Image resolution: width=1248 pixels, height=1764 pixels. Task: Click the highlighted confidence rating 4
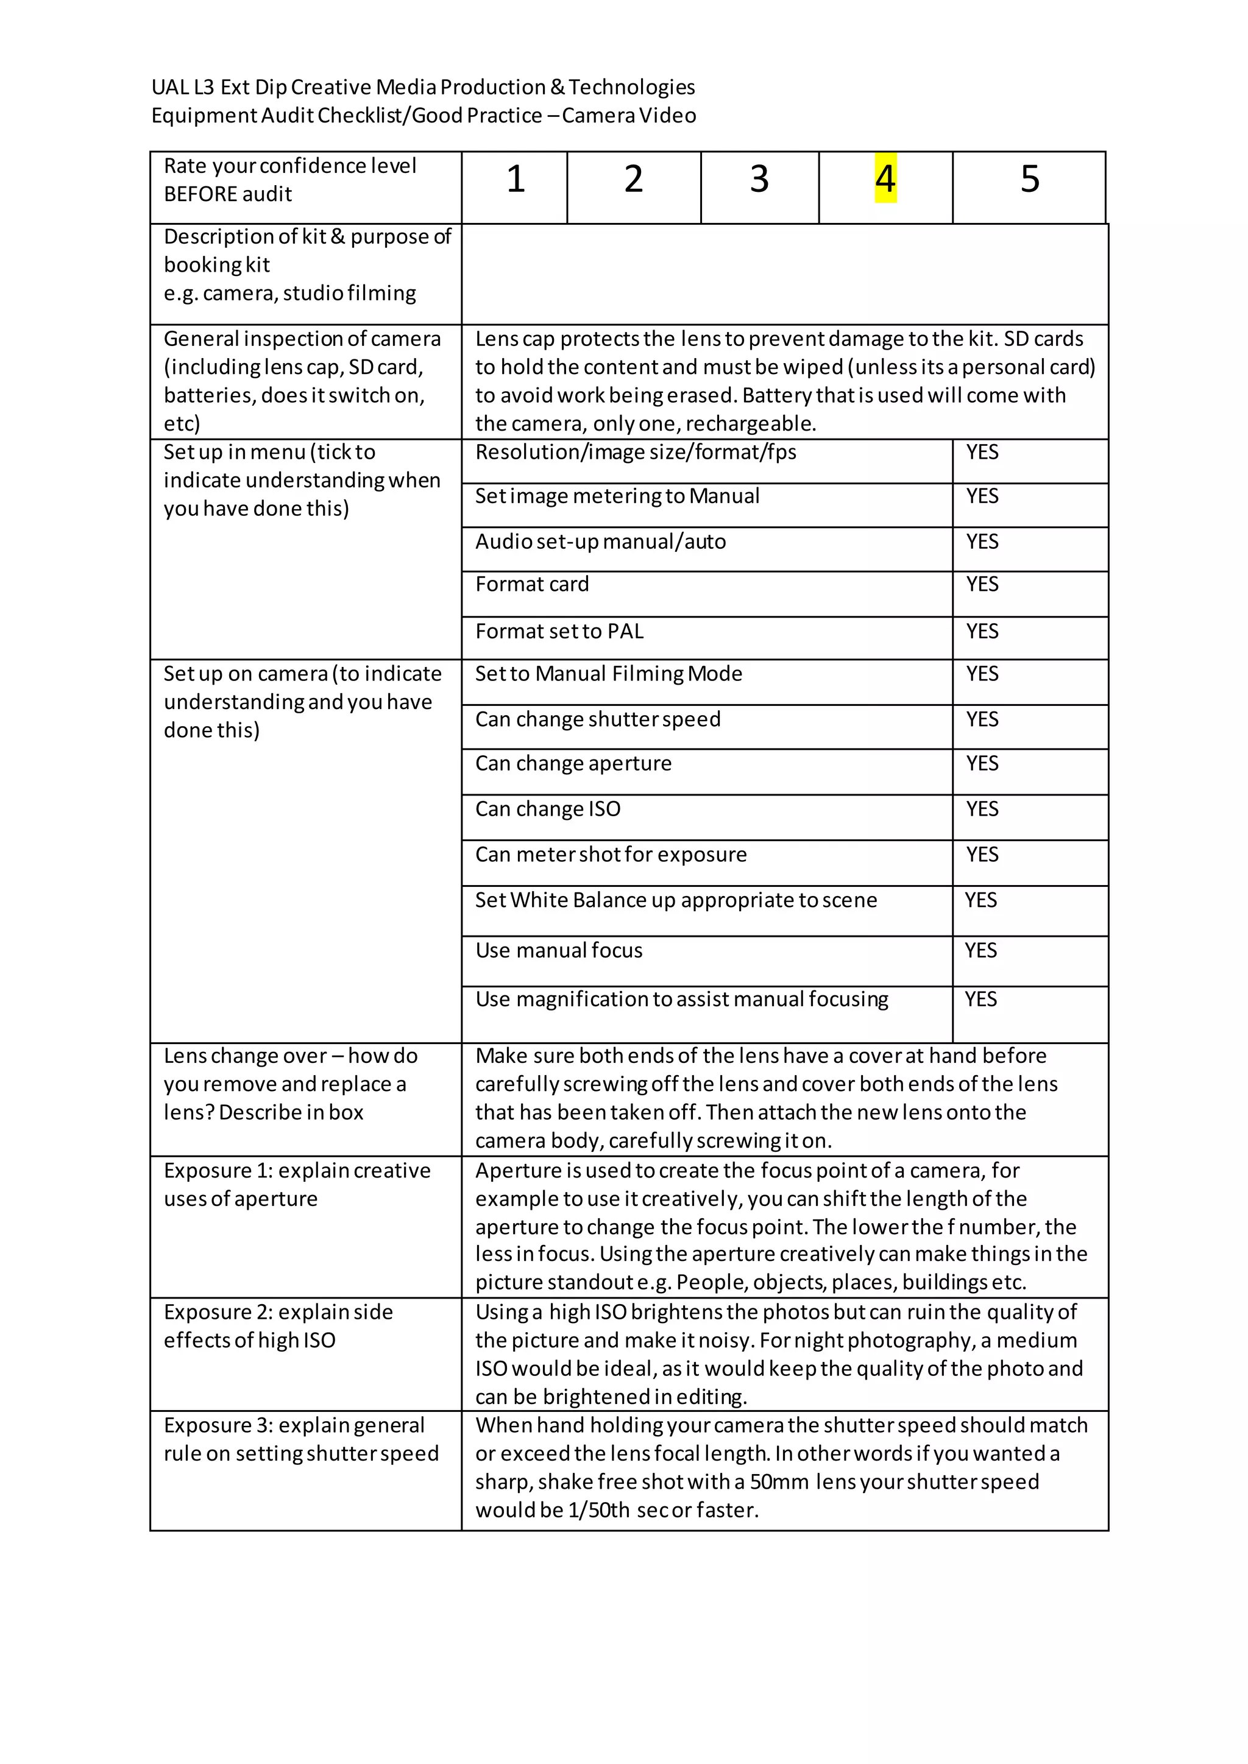pos(885,179)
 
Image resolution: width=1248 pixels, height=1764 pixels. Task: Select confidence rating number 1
pos(516,179)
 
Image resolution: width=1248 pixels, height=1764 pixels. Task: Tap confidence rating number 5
pos(1030,179)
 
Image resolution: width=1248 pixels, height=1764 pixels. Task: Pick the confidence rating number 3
pos(759,179)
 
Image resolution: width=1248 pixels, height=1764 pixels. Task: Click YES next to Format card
pos(982,585)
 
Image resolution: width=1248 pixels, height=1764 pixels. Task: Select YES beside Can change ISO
pos(982,809)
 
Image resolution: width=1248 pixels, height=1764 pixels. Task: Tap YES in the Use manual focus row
pos(980,950)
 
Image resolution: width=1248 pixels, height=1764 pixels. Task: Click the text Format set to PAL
pos(559,632)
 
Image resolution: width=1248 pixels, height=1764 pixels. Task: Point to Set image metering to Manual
pos(617,496)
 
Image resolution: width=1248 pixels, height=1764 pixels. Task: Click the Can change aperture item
pos(573,764)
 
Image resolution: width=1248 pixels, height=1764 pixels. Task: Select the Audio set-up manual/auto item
pos(600,542)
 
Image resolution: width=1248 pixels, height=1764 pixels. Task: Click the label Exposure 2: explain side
pos(278,1312)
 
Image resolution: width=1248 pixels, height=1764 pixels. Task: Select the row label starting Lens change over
pos(291,1056)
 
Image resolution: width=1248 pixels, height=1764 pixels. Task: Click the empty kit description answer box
pos(784,274)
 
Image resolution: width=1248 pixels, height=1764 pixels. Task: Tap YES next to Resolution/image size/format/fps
pos(982,453)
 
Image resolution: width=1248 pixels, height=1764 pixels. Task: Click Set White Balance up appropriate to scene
pos(675,900)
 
